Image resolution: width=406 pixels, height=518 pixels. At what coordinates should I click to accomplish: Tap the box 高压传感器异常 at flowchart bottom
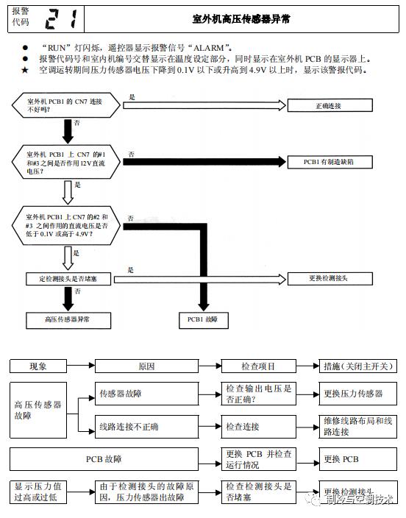pos(67,320)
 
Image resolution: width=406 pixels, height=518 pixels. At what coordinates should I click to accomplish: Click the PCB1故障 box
pos(204,320)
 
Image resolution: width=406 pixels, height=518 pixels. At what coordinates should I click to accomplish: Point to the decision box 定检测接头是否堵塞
pos(67,279)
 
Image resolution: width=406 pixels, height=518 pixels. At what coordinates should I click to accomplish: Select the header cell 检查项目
pos(259,366)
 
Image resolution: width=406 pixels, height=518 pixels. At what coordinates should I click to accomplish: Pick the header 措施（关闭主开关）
pos(358,366)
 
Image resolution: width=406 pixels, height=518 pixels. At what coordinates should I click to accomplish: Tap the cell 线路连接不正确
pos(147,426)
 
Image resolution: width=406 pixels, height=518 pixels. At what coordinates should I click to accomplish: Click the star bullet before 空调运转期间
pos(26,70)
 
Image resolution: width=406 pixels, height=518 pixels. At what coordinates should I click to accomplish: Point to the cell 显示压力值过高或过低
pos(38,492)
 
